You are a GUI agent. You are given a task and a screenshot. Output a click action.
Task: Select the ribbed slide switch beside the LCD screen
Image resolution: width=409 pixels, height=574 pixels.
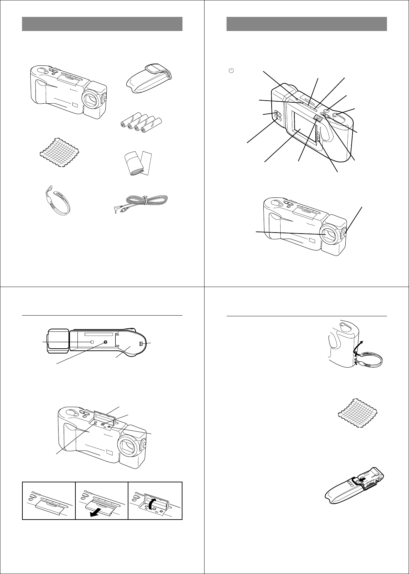pos(318,119)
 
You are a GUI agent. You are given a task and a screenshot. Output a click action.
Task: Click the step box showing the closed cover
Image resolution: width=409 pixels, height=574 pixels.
pos(49,501)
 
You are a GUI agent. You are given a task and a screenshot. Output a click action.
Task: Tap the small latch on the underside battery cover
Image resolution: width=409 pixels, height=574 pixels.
pos(141,344)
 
